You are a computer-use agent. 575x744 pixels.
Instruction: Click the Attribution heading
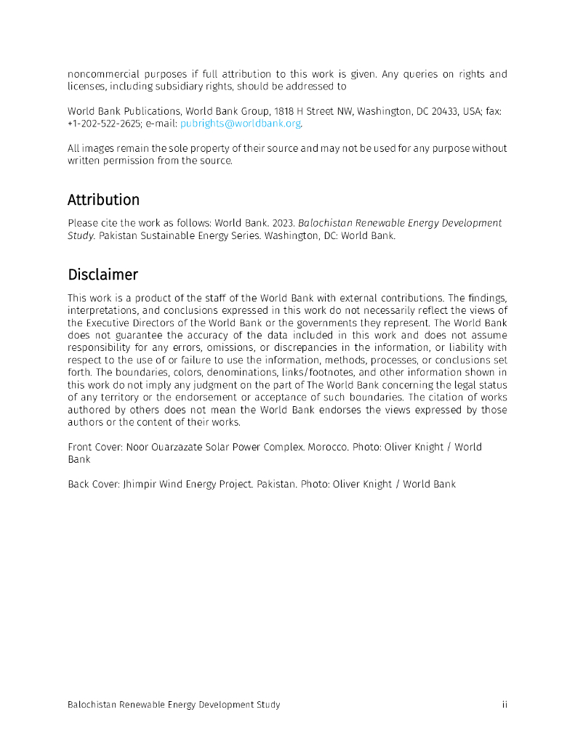[x=103, y=200]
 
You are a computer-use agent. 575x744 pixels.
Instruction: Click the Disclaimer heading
[x=102, y=275]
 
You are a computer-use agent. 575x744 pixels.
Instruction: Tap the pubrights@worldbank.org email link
[x=241, y=124]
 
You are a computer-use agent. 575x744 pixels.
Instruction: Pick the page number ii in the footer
[x=504, y=705]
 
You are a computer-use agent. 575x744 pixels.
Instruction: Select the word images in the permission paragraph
[x=98, y=148]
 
